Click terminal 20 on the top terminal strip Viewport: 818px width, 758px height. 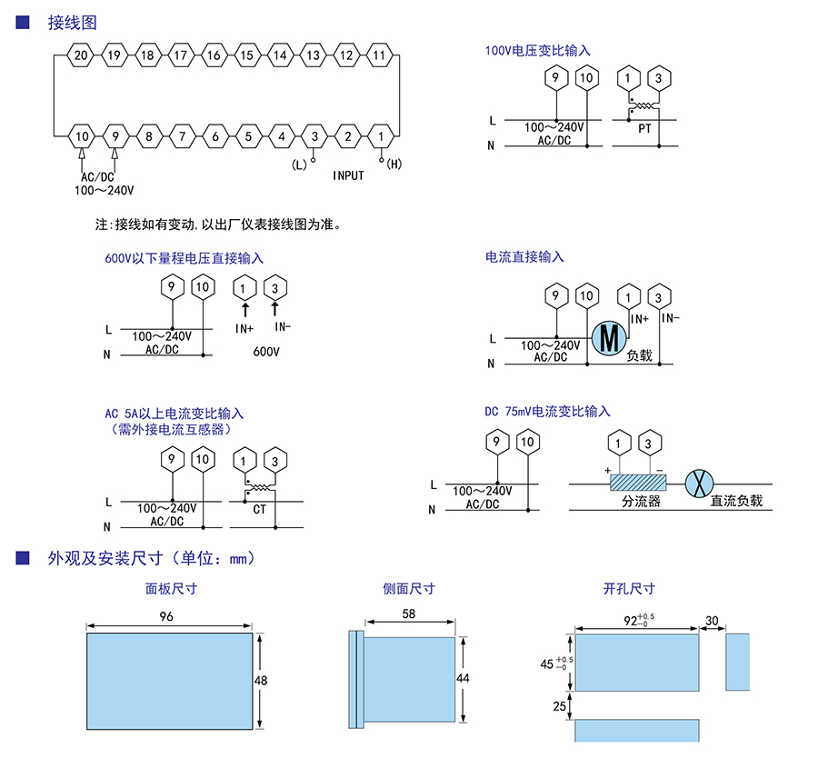tap(81, 55)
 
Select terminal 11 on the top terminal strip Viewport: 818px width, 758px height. tap(379, 55)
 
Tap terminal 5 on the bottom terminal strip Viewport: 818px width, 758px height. tap(247, 137)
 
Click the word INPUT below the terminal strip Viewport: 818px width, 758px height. tap(348, 175)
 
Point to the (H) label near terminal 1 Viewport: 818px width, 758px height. tap(394, 164)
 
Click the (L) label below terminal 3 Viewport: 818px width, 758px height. tap(299, 164)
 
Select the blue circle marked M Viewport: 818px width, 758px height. tap(608, 338)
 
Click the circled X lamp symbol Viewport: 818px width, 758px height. tap(697, 484)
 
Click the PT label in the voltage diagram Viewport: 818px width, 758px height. tap(644, 129)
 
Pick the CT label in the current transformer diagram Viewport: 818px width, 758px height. tap(260, 509)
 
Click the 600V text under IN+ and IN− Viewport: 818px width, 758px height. tap(265, 350)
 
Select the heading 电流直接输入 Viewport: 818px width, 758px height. tap(524, 257)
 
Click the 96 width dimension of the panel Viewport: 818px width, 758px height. tap(166, 616)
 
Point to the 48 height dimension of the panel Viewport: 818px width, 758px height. tap(262, 680)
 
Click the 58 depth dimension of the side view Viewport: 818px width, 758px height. tap(408, 614)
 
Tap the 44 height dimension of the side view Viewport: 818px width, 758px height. tap(464, 679)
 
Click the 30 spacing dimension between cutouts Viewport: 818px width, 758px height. tap(712, 621)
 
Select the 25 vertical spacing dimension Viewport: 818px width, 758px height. tap(559, 705)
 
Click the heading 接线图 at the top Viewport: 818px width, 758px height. tap(72, 23)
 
